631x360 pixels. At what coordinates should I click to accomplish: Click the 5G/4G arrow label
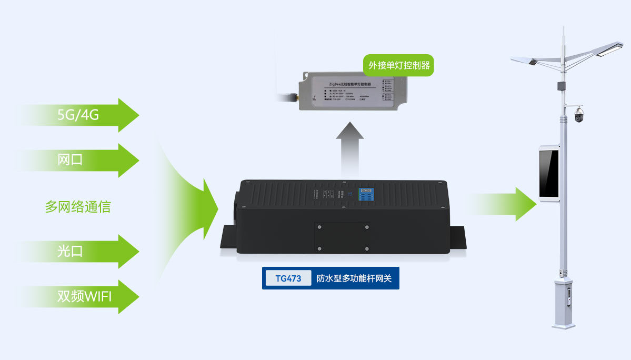pyautogui.click(x=78, y=115)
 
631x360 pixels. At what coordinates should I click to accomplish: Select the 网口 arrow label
pyautogui.click(x=70, y=160)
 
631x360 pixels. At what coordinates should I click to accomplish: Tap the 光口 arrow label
pyautogui.click(x=70, y=251)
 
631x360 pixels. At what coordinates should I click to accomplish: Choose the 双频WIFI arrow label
pyautogui.click(x=84, y=296)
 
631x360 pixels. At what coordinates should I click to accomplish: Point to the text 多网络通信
pyautogui.click(x=78, y=206)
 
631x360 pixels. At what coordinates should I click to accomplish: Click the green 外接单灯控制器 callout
pyautogui.click(x=399, y=65)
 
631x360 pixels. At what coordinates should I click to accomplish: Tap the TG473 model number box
pyautogui.click(x=288, y=278)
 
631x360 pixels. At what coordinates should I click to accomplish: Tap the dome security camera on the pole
pyautogui.click(x=579, y=115)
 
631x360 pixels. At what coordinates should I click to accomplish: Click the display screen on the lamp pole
pyautogui.click(x=548, y=174)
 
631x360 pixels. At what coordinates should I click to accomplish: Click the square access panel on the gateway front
pyautogui.click(x=343, y=237)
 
